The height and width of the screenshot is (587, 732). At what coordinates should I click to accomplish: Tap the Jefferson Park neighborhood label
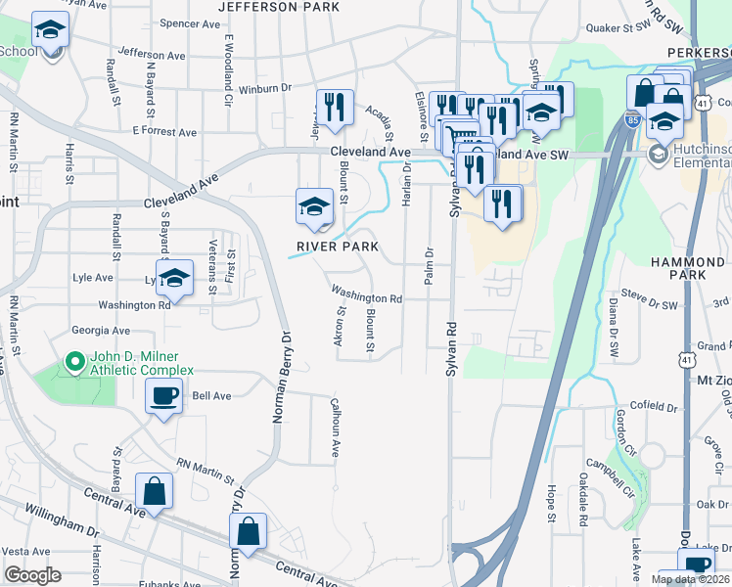tap(279, 7)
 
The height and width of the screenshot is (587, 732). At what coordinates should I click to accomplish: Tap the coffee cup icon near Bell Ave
tap(162, 397)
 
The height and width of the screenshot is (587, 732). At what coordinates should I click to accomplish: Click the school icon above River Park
tap(313, 206)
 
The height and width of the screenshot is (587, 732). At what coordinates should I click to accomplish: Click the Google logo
tap(31, 574)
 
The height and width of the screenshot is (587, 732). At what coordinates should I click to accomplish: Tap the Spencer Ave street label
tap(186, 23)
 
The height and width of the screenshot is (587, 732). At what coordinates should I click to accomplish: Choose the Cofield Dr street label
tap(653, 406)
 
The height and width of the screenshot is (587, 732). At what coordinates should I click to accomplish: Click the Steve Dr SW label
tap(649, 292)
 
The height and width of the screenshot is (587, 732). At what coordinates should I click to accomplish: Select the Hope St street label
tap(552, 501)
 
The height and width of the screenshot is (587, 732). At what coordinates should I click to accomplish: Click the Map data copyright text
tap(690, 579)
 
